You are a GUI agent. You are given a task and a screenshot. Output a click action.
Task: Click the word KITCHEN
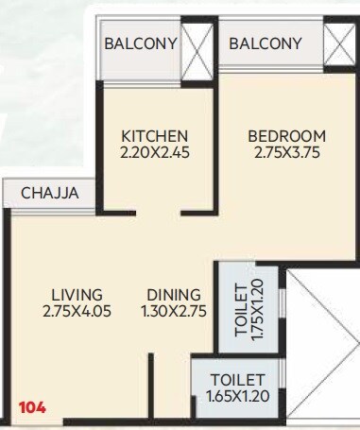[x=155, y=135]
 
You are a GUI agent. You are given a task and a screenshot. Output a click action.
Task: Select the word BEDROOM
[x=286, y=135]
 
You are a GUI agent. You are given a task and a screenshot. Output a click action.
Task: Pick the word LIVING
[x=77, y=294]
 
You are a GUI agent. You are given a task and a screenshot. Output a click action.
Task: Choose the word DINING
[x=174, y=294]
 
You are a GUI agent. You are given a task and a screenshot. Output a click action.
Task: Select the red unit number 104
[x=32, y=409]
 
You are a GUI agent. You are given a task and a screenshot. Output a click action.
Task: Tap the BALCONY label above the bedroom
[x=266, y=43]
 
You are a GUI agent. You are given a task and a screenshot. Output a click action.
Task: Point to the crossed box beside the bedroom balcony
[x=336, y=44]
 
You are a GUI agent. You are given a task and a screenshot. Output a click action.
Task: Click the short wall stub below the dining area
[x=153, y=385]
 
